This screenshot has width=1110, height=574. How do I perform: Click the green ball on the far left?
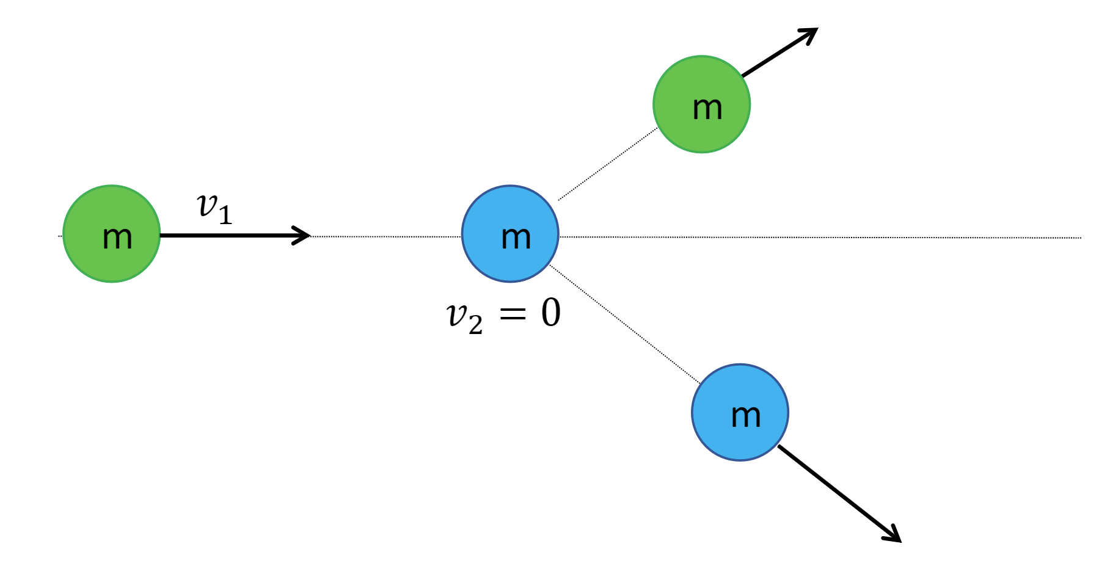[x=112, y=234]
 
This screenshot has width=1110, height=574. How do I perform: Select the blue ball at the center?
[x=510, y=234]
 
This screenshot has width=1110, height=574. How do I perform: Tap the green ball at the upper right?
[x=701, y=104]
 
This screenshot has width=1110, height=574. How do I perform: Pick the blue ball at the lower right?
[x=740, y=413]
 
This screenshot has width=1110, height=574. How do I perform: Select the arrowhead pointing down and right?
[x=894, y=535]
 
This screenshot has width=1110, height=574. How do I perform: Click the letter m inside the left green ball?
[x=117, y=238]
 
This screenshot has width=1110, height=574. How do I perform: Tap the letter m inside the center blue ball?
[x=516, y=238]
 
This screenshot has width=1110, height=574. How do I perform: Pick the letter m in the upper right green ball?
[x=707, y=109]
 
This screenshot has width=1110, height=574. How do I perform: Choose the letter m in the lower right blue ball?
[x=746, y=416]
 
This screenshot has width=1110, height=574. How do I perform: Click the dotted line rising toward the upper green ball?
[x=608, y=164]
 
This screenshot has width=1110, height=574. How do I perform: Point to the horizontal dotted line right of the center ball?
[x=819, y=238]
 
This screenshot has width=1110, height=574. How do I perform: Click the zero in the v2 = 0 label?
[x=550, y=313]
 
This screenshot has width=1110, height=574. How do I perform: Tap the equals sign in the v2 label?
[x=513, y=314]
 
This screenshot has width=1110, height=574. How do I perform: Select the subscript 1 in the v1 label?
[x=225, y=216]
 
